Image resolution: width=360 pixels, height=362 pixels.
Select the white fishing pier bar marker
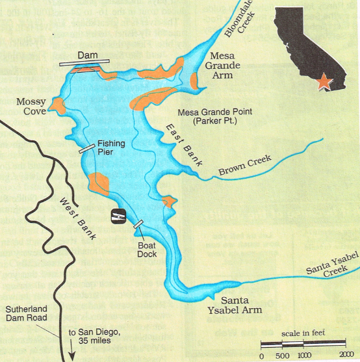[x=86, y=149]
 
